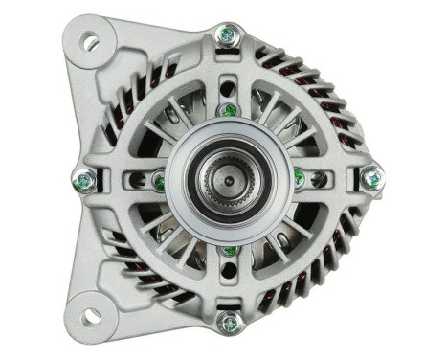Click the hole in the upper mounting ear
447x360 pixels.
(91, 41)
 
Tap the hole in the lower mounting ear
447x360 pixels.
(91, 315)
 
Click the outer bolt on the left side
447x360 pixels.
(84, 178)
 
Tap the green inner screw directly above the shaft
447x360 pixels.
(227, 111)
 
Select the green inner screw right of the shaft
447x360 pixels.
(299, 177)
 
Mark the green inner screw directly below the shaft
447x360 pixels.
(228, 251)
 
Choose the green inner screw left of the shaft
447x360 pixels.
(158, 178)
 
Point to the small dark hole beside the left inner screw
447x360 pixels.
(144, 178)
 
